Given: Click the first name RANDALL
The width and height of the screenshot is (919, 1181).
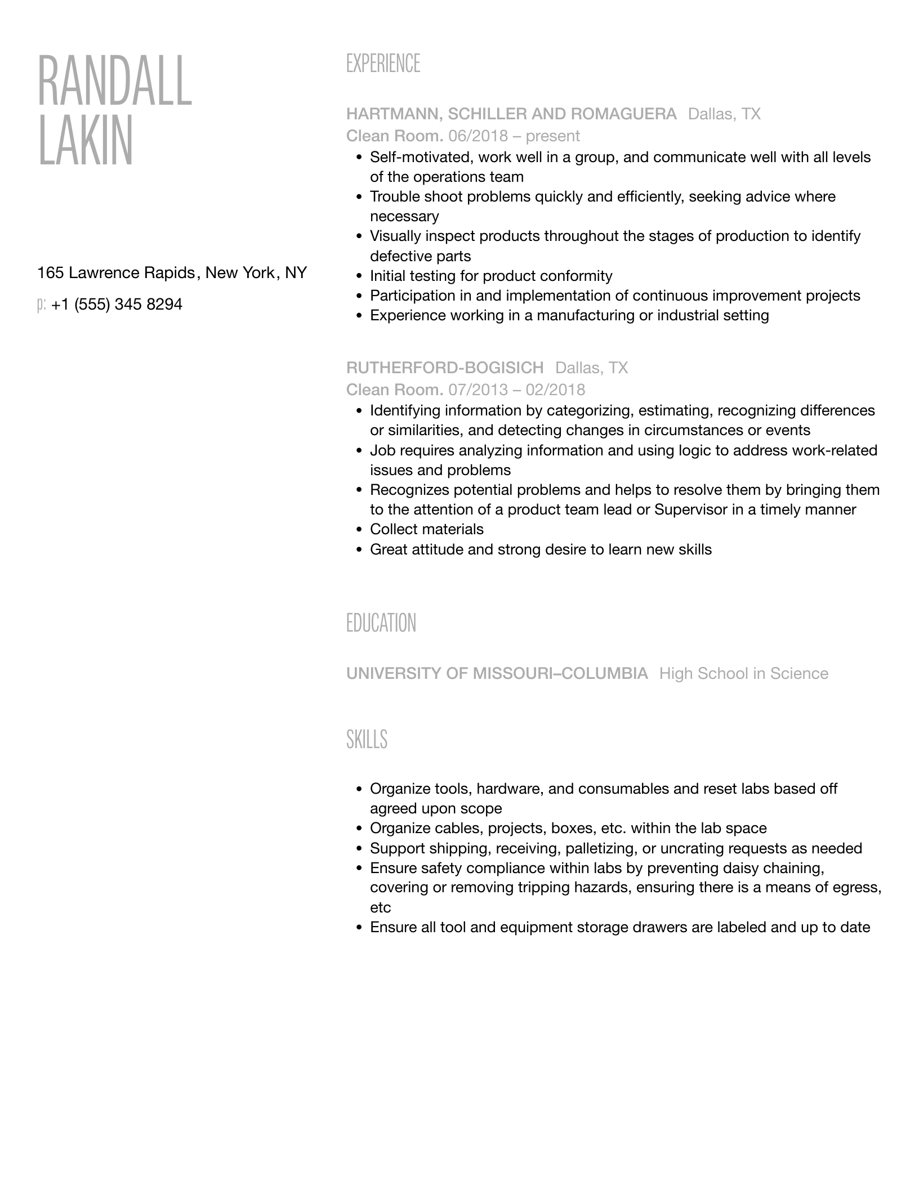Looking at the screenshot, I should [115, 82].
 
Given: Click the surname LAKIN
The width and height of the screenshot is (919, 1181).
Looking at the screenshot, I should [86, 141].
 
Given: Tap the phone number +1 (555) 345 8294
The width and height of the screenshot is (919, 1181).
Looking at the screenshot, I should [117, 305].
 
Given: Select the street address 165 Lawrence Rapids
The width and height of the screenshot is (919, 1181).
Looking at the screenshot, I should [115, 273].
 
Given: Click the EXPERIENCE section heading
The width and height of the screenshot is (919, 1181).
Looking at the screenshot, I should [383, 64].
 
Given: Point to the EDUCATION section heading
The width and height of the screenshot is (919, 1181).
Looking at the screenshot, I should [381, 624].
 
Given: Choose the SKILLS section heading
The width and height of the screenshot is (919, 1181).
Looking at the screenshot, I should [367, 739].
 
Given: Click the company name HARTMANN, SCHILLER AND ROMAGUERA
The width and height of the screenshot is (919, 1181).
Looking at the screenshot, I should [511, 114].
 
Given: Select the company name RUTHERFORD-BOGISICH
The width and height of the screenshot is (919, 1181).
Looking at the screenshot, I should [445, 368].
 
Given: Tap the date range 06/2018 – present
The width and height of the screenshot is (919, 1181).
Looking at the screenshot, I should [514, 136].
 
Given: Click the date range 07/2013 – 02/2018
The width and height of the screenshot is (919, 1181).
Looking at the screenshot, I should [516, 390].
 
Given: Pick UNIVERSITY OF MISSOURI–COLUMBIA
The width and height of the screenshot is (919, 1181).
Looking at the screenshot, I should [497, 674].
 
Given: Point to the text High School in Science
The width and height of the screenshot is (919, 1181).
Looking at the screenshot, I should [743, 674].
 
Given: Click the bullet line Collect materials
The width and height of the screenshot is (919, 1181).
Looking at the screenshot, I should [426, 530].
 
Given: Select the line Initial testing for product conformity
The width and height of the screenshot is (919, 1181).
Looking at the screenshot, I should [490, 276].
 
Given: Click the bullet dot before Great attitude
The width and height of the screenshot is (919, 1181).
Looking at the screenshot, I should [359, 550].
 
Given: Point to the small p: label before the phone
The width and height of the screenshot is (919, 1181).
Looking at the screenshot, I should [41, 305].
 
